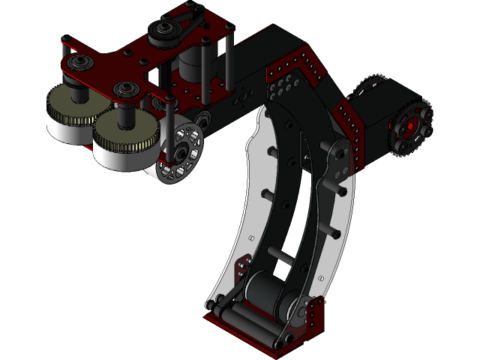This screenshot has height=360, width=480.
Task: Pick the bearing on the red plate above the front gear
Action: [x=125, y=91]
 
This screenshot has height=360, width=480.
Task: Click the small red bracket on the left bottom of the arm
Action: [x=241, y=267]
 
